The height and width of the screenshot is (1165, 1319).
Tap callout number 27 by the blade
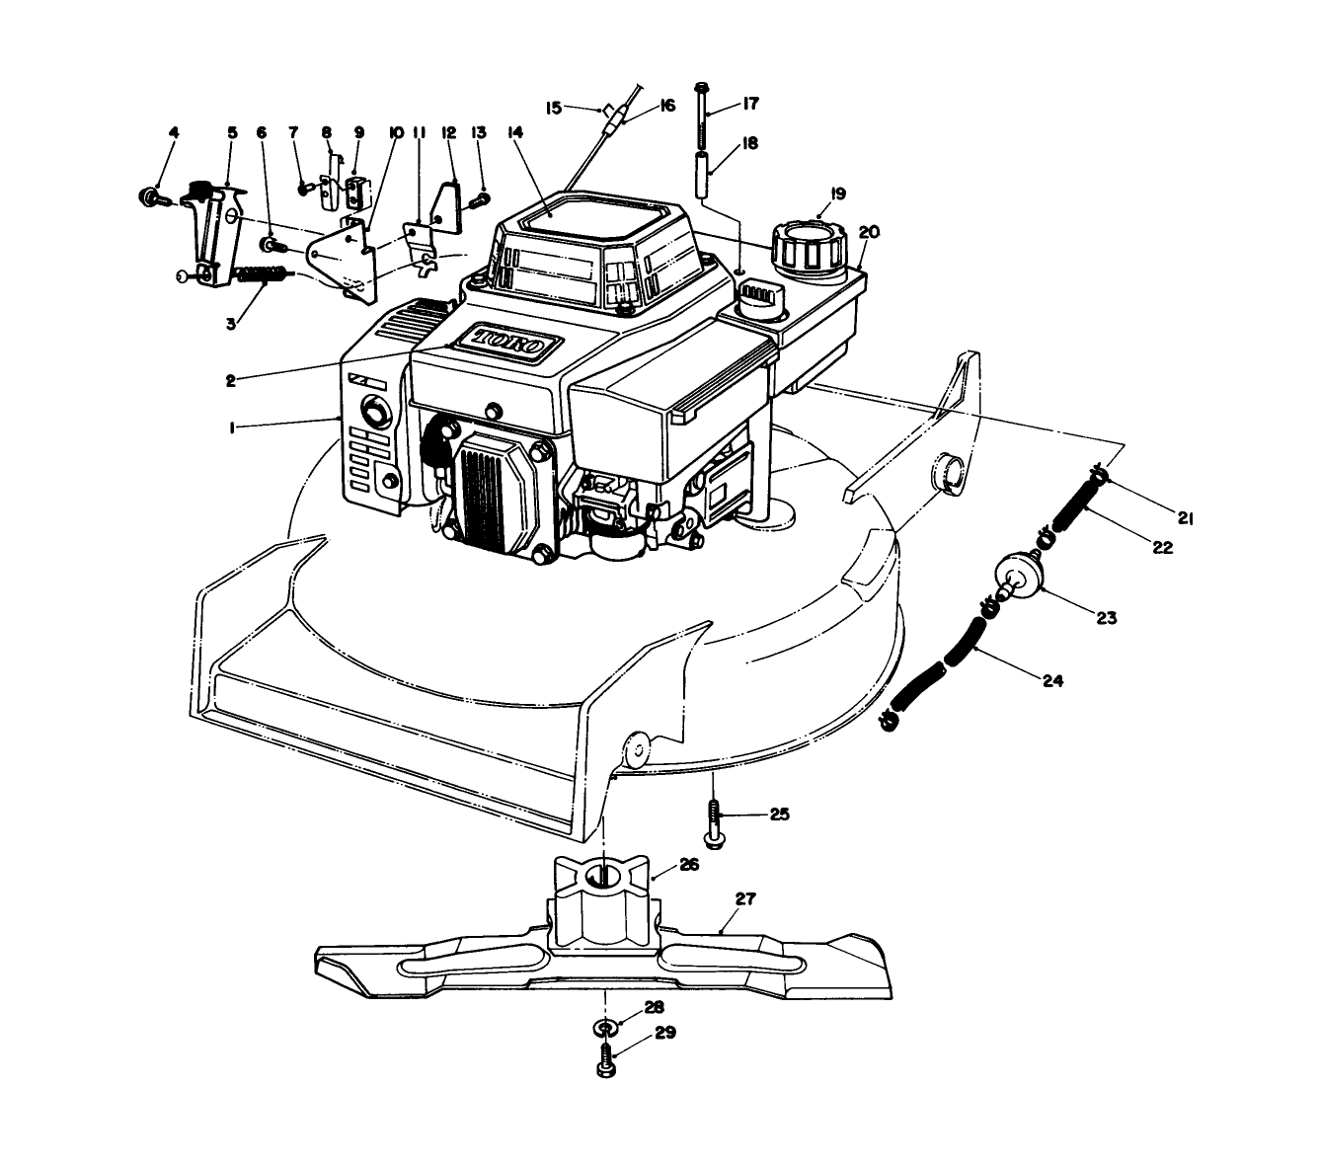coord(745,899)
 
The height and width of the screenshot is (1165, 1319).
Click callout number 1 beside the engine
coord(232,428)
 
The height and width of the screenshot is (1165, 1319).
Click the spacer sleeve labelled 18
coord(701,172)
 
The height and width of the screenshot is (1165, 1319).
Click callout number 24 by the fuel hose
coord(1053,680)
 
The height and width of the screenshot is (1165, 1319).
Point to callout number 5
coord(232,132)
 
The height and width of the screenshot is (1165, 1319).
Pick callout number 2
coord(230,380)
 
